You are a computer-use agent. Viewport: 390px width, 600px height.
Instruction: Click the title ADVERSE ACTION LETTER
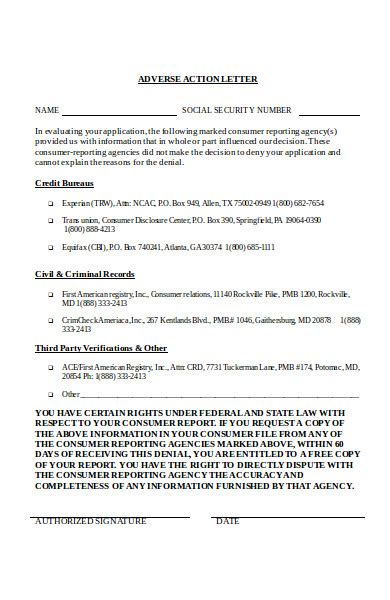pyautogui.click(x=198, y=79)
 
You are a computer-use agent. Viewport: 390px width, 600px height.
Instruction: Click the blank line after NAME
pyautogui.click(x=118, y=111)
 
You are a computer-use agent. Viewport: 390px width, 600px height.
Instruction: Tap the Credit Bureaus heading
pyautogui.click(x=65, y=184)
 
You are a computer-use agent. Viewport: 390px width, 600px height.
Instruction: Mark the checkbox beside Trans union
pyautogui.click(x=51, y=220)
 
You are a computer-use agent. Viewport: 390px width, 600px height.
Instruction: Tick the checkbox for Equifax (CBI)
pyautogui.click(x=51, y=246)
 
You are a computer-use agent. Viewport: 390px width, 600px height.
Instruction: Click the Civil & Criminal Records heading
pyautogui.click(x=85, y=273)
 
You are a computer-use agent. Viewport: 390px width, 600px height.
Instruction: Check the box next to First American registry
pyautogui.click(x=51, y=295)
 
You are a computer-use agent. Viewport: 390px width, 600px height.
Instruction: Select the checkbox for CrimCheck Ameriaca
pyautogui.click(x=51, y=320)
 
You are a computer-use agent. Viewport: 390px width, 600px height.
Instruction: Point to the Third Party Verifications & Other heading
pyautogui.click(x=101, y=347)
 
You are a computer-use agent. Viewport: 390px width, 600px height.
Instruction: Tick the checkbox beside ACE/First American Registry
pyautogui.click(x=51, y=368)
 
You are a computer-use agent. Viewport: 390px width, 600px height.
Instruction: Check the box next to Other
pyautogui.click(x=51, y=394)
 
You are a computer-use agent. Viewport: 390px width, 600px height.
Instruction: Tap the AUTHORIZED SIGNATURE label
pyautogui.click(x=90, y=522)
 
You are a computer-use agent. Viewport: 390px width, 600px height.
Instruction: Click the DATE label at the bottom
pyautogui.click(x=227, y=522)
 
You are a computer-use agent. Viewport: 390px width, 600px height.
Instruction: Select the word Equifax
pyautogui.click(x=75, y=246)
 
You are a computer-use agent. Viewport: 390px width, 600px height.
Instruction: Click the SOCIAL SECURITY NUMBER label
pyautogui.click(x=237, y=110)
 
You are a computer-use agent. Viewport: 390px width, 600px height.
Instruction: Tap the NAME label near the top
pyautogui.click(x=47, y=110)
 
